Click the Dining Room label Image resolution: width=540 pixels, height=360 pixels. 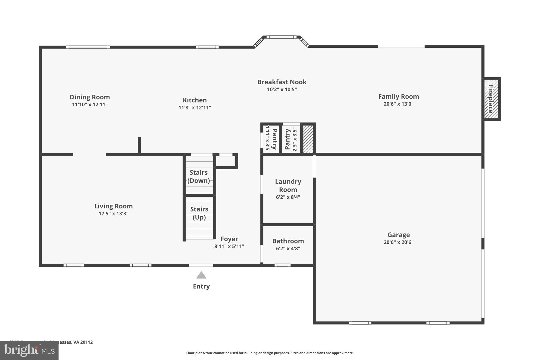(x=90, y=97)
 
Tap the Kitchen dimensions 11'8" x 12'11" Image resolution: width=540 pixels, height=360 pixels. (x=195, y=108)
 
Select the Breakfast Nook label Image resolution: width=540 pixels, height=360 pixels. (x=282, y=82)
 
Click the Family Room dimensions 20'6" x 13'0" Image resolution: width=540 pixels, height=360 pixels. (x=398, y=104)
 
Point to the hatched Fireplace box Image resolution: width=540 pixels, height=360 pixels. (x=491, y=99)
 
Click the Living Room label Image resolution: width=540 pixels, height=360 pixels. (x=113, y=206)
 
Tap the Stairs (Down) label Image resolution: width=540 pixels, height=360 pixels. (x=199, y=176)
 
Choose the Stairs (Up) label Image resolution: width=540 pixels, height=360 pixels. (x=199, y=213)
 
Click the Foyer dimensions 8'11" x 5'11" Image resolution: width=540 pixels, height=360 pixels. (x=229, y=246)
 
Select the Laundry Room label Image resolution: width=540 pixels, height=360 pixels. (x=288, y=185)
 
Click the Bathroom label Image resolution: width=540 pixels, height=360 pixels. (x=288, y=241)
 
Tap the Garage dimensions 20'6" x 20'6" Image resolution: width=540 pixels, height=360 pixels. (x=398, y=242)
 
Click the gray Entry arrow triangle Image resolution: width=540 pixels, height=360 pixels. (x=201, y=275)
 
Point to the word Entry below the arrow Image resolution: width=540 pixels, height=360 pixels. (x=201, y=286)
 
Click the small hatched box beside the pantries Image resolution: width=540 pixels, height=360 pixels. (x=308, y=139)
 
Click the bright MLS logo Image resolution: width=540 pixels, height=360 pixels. (x=29, y=350)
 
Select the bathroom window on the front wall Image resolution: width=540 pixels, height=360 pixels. (x=282, y=265)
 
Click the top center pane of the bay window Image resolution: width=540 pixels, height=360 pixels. (x=281, y=37)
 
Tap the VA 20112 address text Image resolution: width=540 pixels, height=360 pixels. (x=83, y=342)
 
